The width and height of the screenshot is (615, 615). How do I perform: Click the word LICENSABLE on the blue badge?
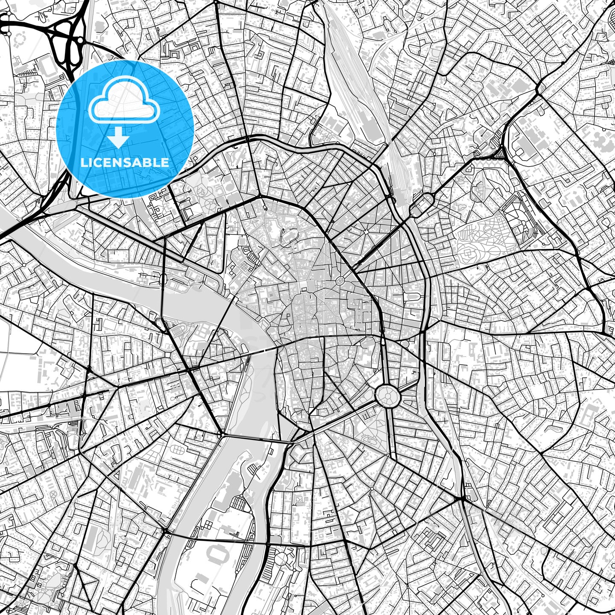[x=125, y=162]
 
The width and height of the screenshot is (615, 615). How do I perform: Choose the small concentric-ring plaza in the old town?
[x=340, y=281]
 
